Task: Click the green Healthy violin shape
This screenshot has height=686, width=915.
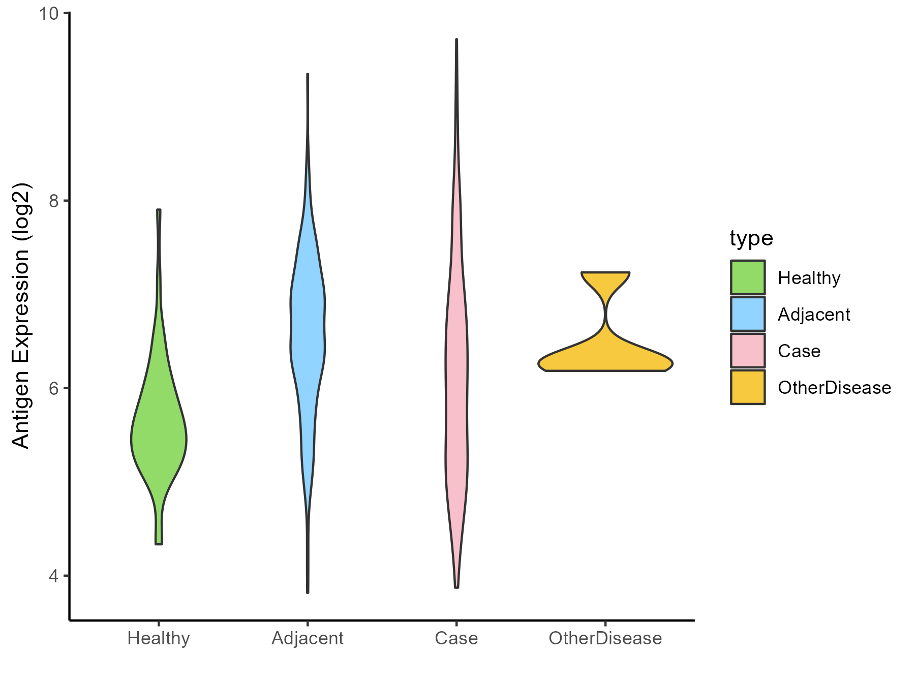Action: [x=159, y=437]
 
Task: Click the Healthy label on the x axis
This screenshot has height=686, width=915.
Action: [x=159, y=638]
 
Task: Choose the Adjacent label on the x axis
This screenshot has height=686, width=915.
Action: [x=308, y=638]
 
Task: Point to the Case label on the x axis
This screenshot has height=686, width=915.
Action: [x=456, y=638]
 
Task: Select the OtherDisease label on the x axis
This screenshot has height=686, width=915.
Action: [x=605, y=638]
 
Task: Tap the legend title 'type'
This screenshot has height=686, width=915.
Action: [x=751, y=238]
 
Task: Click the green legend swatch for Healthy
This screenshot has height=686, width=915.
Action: [x=748, y=277]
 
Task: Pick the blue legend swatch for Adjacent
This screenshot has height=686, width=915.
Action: [x=748, y=314]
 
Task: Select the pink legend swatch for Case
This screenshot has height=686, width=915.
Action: [x=748, y=351]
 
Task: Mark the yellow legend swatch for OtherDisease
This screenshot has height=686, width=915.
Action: [x=748, y=387]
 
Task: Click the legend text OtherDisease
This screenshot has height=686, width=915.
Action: [x=834, y=388]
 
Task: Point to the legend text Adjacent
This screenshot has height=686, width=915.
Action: [x=814, y=315]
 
